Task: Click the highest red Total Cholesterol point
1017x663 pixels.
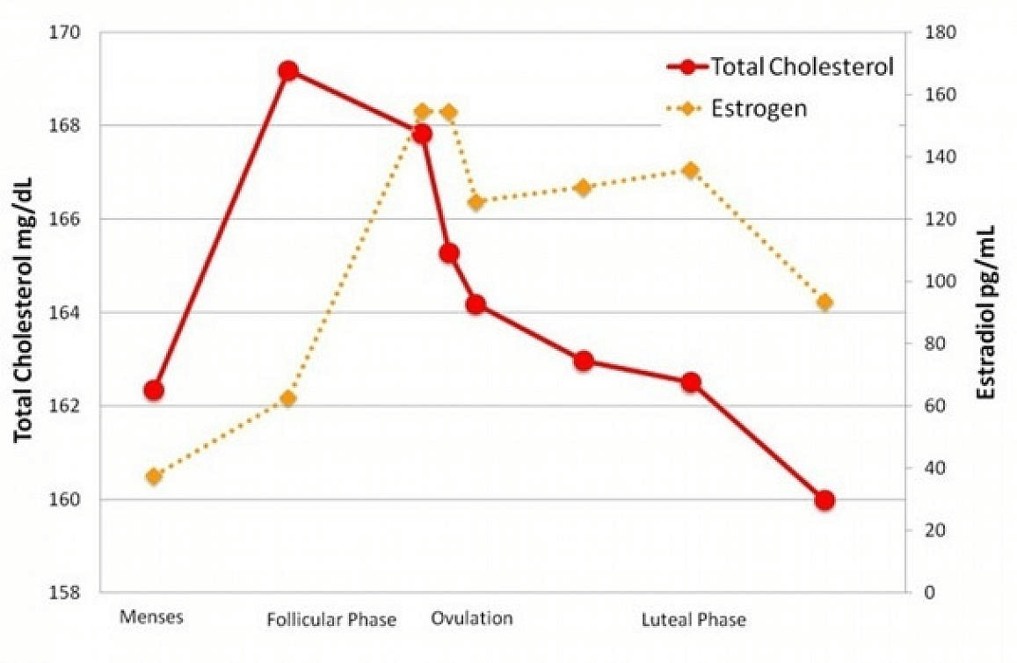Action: (x=287, y=71)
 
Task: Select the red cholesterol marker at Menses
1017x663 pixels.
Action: (x=154, y=390)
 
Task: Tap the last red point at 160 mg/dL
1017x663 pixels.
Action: (x=824, y=500)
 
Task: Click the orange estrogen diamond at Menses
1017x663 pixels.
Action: (x=154, y=477)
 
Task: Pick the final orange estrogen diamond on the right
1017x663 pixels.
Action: (x=824, y=302)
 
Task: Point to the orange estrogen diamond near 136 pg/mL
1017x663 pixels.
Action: (x=690, y=171)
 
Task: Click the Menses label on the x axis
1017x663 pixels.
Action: (x=151, y=617)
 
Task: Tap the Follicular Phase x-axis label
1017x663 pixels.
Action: (x=331, y=620)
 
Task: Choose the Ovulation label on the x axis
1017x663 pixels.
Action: (x=471, y=618)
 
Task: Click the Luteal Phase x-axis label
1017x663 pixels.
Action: (x=693, y=620)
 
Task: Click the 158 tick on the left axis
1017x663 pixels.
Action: (x=64, y=593)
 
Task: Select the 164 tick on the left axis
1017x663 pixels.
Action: (x=64, y=313)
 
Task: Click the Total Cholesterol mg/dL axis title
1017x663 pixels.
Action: (x=24, y=312)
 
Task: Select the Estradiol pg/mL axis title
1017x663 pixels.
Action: (x=986, y=312)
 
